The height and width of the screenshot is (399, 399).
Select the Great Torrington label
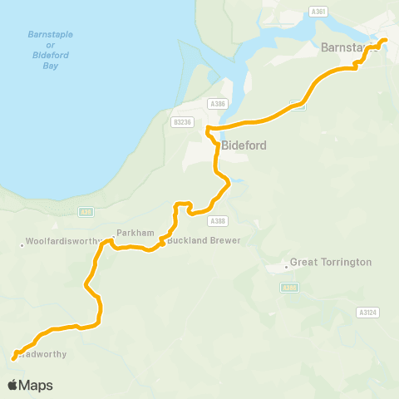(x=330, y=262)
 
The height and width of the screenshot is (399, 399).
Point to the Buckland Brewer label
(x=204, y=240)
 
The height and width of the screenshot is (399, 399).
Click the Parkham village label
(x=135, y=234)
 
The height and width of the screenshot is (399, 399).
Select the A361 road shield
(x=317, y=12)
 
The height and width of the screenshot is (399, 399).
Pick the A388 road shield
(x=219, y=220)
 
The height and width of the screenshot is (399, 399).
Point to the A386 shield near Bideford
(x=218, y=103)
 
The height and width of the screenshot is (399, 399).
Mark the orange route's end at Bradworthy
(x=14, y=358)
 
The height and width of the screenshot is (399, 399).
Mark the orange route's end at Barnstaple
(x=385, y=40)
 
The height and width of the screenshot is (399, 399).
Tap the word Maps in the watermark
(x=37, y=385)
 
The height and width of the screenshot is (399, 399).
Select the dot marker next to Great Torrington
(x=284, y=267)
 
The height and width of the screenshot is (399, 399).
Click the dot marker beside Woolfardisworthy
(x=22, y=244)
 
